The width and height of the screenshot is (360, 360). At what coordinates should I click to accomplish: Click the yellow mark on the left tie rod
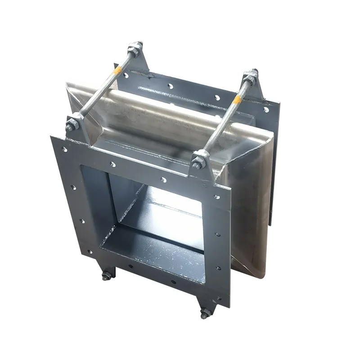click(x=118, y=71)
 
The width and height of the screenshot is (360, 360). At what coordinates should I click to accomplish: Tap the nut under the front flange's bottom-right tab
click(x=205, y=313)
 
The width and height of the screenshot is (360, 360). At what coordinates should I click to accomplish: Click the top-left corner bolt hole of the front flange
click(x=64, y=149)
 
